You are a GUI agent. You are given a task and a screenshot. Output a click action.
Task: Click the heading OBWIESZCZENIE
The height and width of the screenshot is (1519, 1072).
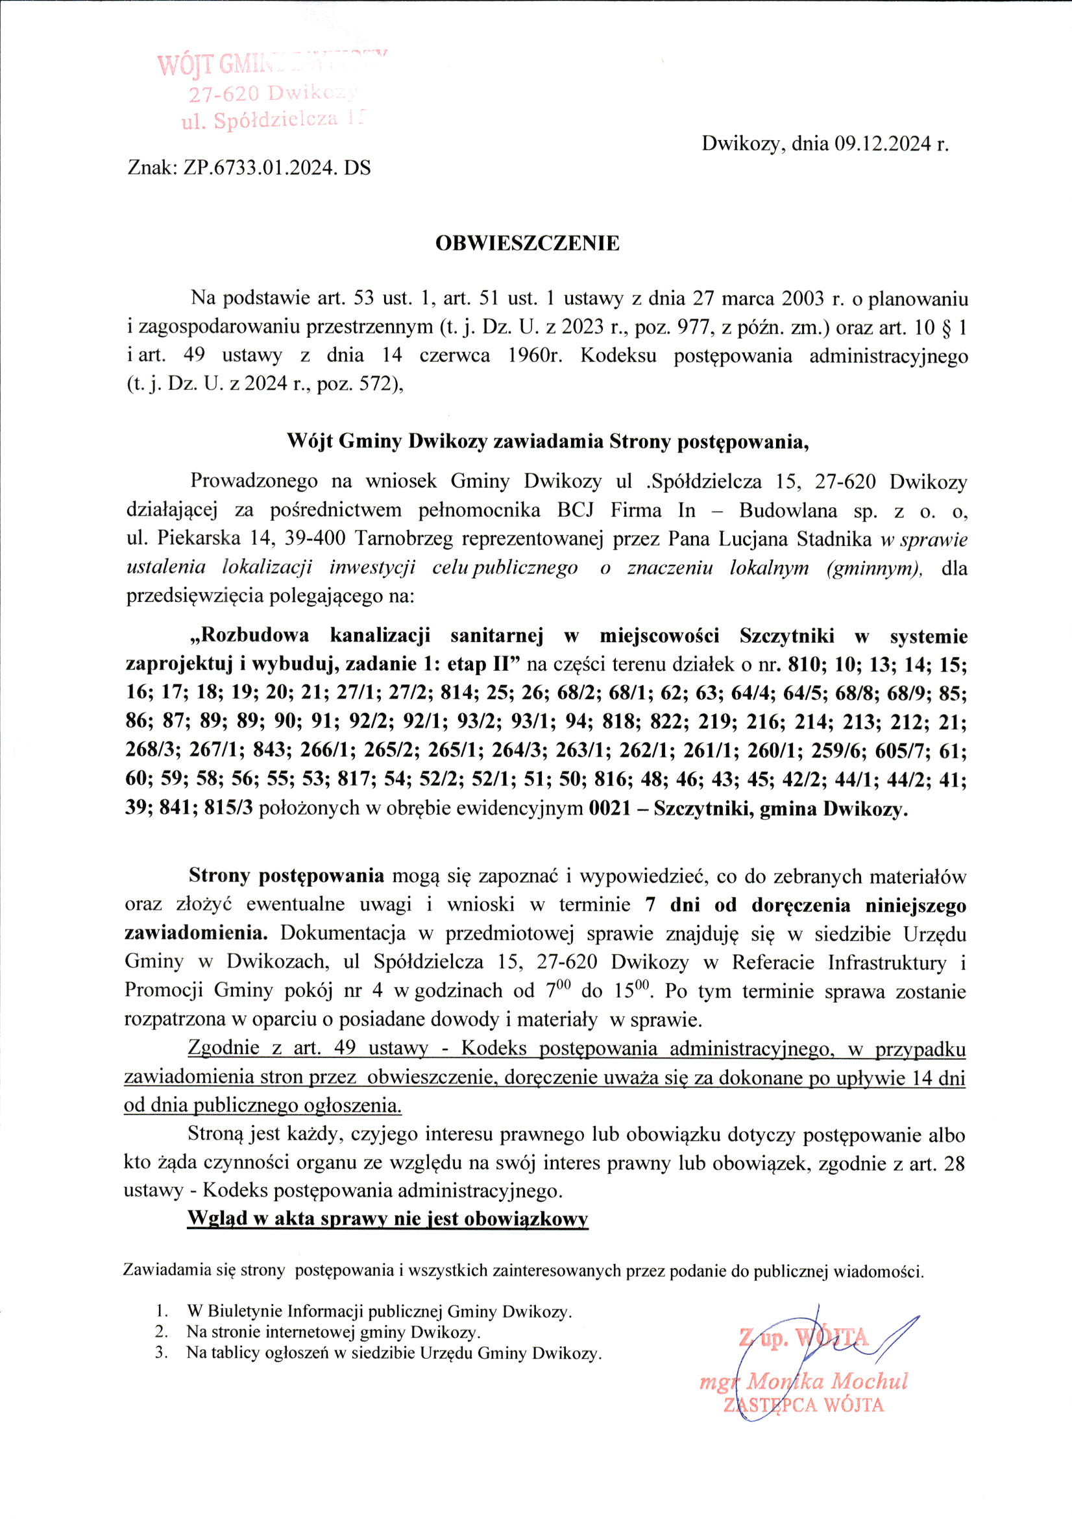527,243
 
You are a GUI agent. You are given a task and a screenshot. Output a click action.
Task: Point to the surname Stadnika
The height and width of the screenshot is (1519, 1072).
834,540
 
